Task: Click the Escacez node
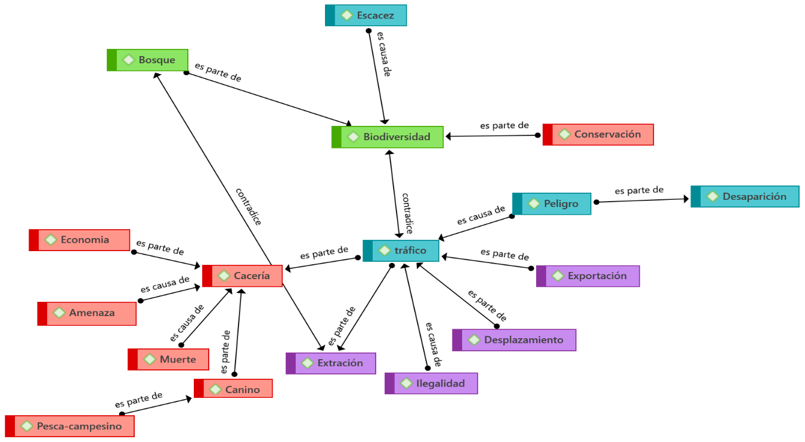366,16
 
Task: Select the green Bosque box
148,60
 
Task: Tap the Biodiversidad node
388,137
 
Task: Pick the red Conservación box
598,134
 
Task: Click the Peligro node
552,203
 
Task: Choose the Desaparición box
745,196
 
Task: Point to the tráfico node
401,251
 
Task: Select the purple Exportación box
588,276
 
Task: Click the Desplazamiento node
514,340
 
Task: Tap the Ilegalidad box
431,383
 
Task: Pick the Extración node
331,363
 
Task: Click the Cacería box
242,276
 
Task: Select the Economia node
79,240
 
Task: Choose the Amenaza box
87,313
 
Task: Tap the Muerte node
169,359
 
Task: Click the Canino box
234,389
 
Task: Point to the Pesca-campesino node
70,426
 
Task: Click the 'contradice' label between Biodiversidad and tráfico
408,213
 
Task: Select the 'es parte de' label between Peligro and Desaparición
639,190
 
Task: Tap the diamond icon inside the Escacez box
346,16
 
